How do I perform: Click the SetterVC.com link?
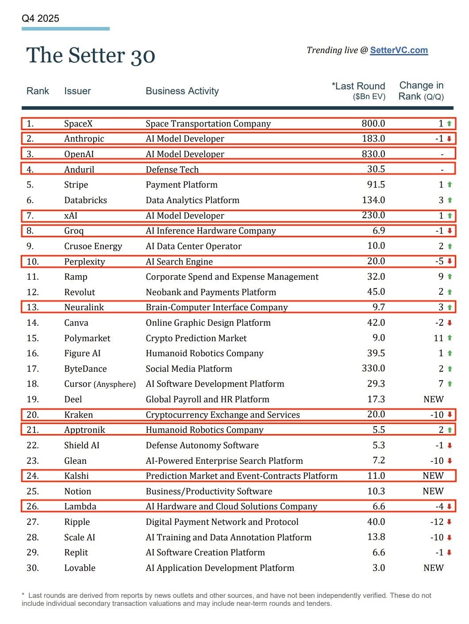(399, 50)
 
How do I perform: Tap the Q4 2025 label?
(40, 19)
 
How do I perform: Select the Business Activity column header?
(182, 91)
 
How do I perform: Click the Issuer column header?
(77, 91)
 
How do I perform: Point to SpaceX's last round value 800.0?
(373, 123)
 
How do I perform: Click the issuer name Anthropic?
(84, 139)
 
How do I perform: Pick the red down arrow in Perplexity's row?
(450, 262)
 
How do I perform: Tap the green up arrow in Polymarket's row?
(450, 338)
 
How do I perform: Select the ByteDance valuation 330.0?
(373, 369)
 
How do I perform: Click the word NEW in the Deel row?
(433, 399)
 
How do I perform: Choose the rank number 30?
(33, 568)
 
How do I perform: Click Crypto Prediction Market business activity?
(196, 338)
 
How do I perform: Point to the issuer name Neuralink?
(84, 308)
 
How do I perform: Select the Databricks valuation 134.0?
(373, 200)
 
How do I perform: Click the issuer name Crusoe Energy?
(93, 246)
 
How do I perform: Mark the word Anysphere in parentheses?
(115, 385)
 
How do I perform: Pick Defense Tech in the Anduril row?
(172, 169)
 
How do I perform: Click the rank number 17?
(33, 369)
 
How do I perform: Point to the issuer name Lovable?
(80, 568)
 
